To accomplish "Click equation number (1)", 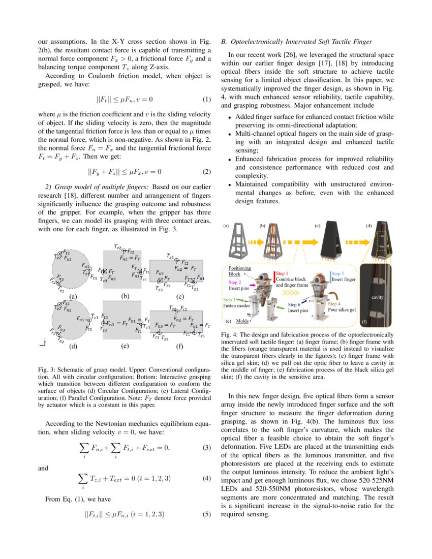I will point(207,99).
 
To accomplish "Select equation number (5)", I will point(207,514).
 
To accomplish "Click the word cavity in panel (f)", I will point(377,297).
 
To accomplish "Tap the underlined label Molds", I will point(243,321).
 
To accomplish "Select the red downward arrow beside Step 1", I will point(274,277).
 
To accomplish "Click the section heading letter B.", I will point(223,41).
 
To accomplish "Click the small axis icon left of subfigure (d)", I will point(43,344).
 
